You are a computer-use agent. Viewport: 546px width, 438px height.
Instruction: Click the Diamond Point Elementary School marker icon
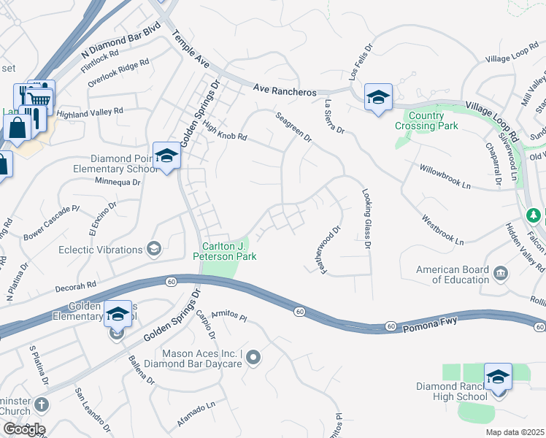coord(166,156)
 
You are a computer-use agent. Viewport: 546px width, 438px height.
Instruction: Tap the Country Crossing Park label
coord(426,120)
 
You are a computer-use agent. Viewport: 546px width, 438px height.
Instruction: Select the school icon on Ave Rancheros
coord(378,97)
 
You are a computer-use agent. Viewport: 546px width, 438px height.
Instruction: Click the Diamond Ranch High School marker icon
coord(498,377)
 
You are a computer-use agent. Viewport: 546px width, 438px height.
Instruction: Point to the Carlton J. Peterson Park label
coord(223,251)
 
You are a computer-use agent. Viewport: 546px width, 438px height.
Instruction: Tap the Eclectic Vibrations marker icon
coord(153,250)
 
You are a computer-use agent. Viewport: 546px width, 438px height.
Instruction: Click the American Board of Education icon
coord(501,274)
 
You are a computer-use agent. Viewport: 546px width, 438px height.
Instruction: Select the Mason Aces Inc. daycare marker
coord(253,358)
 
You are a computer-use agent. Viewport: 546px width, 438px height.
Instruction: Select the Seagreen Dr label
coord(293,126)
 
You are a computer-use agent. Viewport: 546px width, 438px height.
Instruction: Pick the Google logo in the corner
coord(23,429)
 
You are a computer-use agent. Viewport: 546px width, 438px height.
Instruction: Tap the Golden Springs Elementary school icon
coord(118,315)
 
